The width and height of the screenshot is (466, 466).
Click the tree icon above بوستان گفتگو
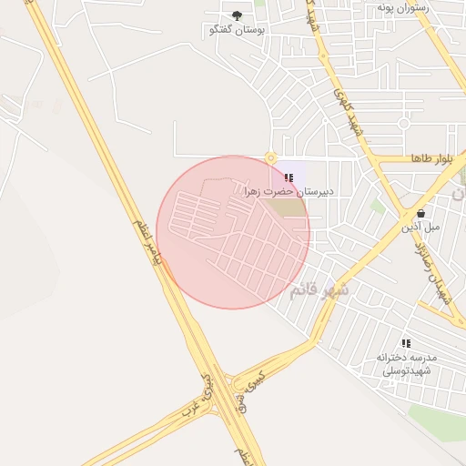238,15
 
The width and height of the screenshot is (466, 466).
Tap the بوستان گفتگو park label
238,30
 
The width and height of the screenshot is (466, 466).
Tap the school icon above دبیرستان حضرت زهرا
289,177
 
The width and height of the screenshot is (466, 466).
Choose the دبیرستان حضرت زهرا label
289,192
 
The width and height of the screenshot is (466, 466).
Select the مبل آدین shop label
421,226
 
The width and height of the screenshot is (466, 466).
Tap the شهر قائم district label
319,290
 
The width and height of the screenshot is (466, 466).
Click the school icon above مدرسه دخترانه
406,343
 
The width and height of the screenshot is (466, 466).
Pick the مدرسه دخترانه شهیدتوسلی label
407,363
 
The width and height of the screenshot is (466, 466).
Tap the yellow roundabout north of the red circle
270,157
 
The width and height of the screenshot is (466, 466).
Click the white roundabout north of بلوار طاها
403,123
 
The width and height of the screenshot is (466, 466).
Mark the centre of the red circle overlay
233,232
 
